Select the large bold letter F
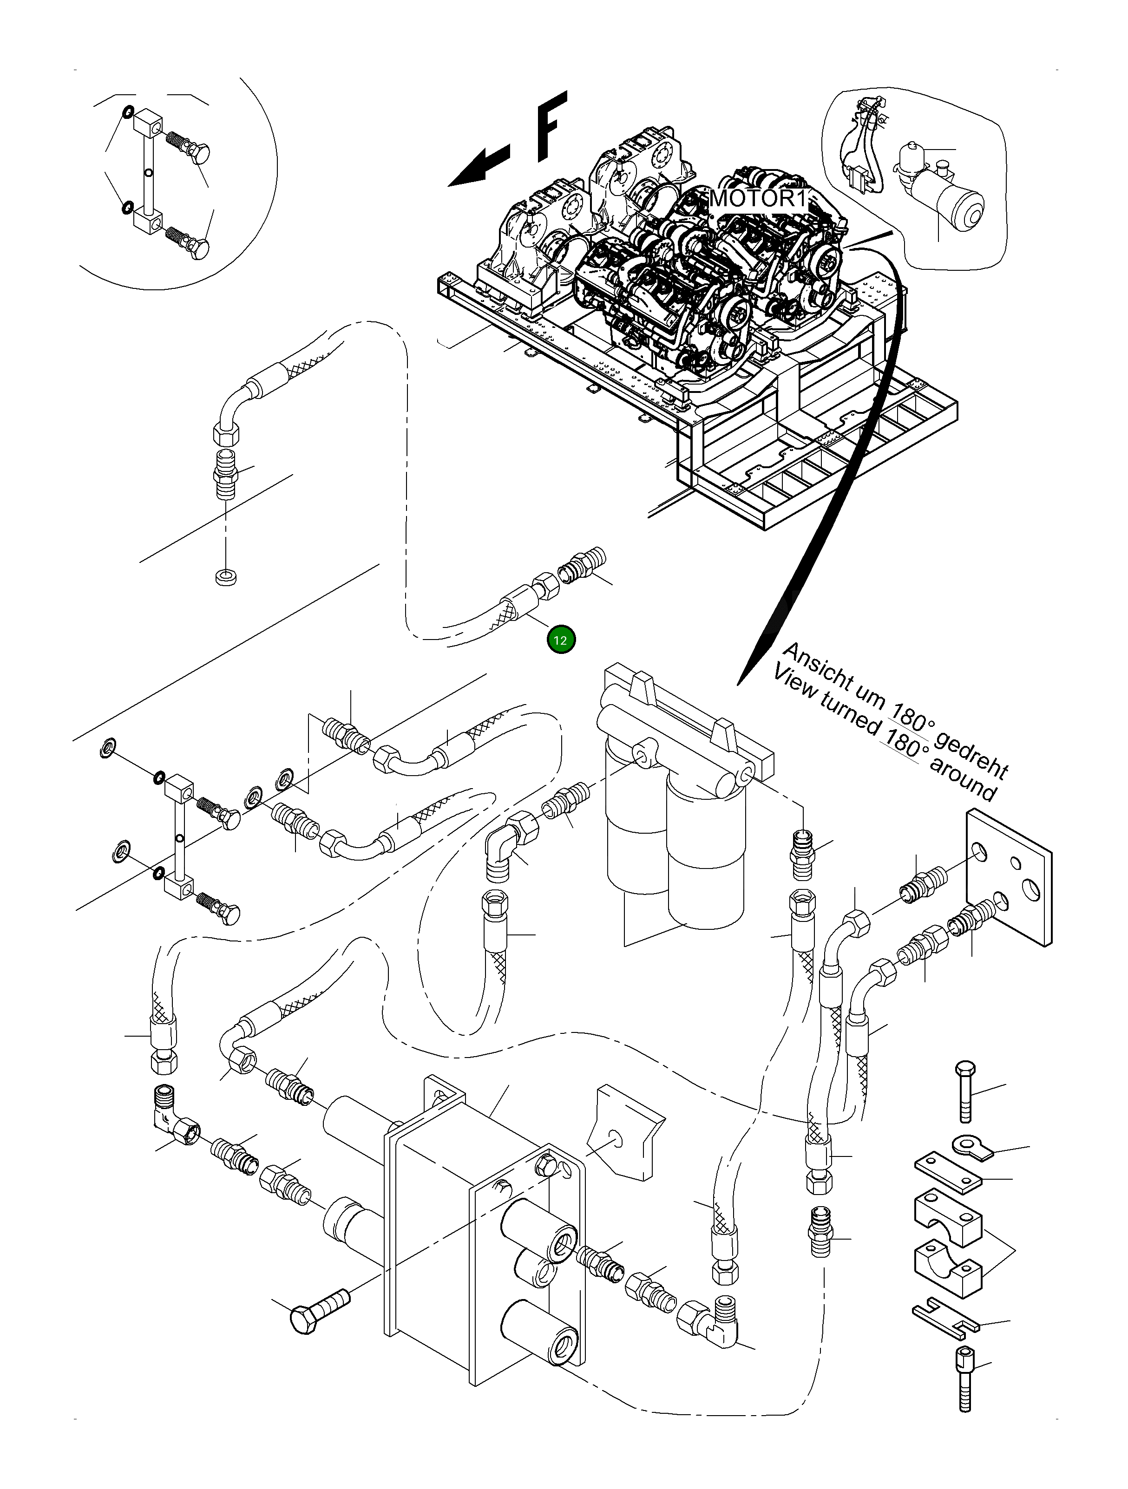coord(551,126)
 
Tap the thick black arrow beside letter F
coord(479,165)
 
